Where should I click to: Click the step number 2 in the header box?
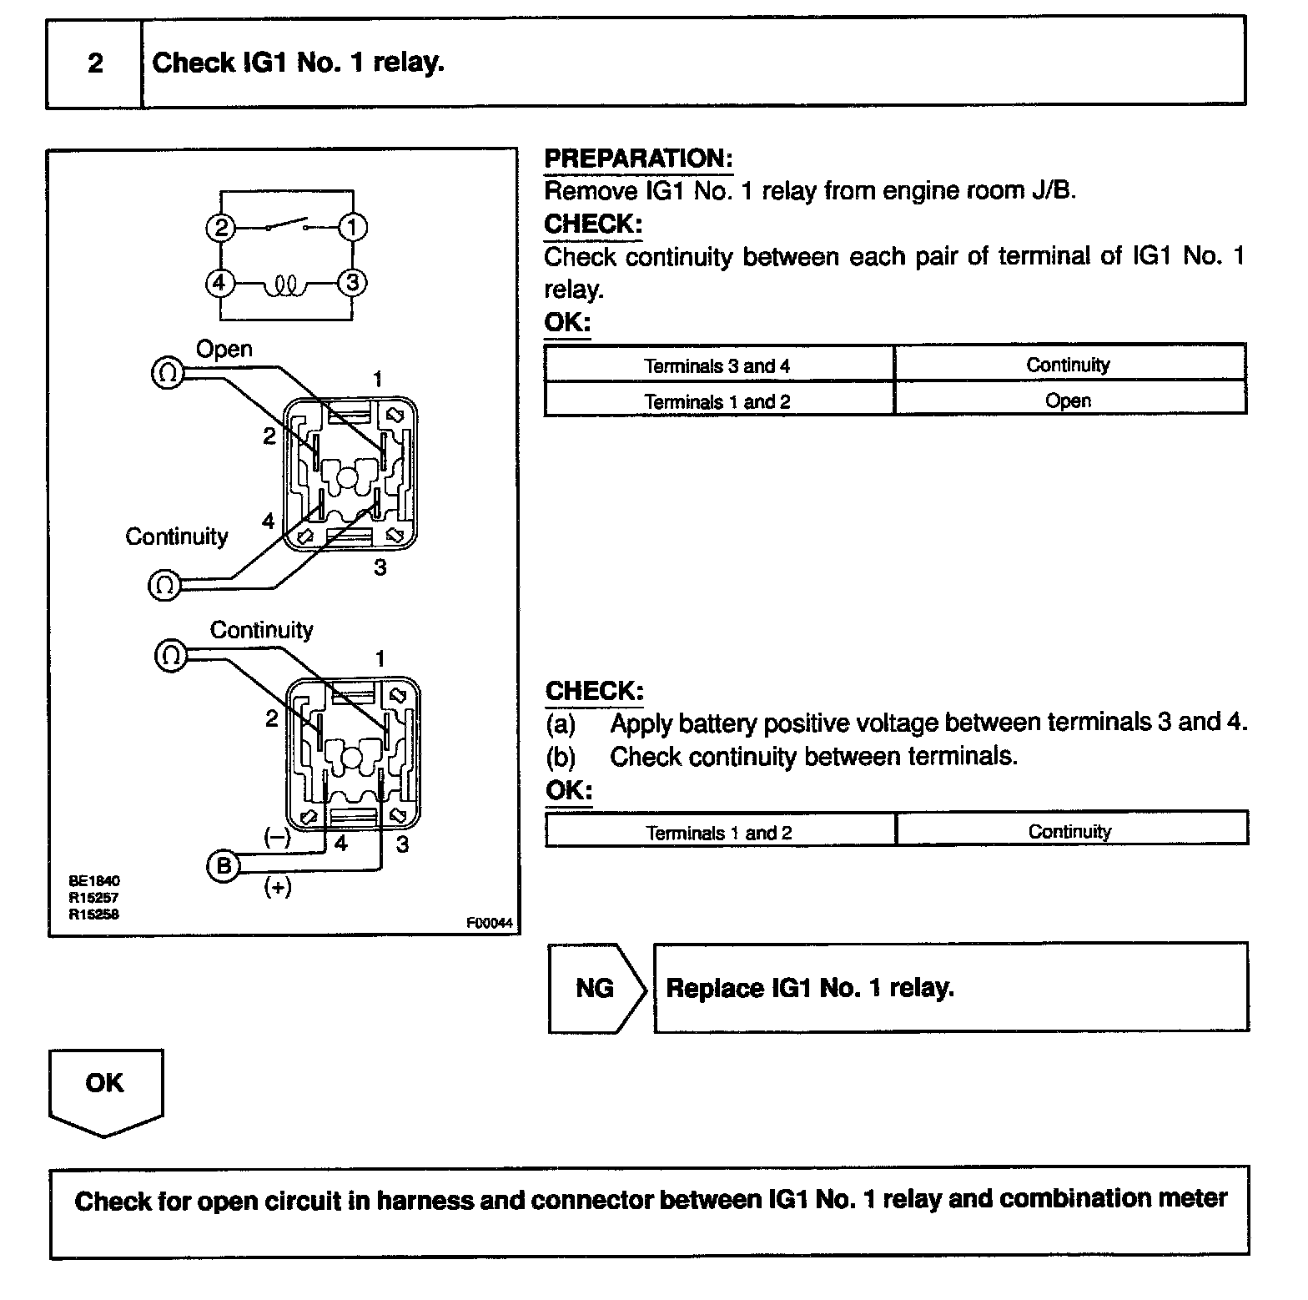tap(95, 63)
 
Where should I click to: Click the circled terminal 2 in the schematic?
tap(221, 227)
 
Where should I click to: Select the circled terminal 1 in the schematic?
tap(352, 227)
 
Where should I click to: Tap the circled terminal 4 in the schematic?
tap(219, 284)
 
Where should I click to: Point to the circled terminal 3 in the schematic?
tap(352, 284)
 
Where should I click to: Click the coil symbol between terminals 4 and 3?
tap(285, 287)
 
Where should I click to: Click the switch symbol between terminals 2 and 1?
tap(286, 224)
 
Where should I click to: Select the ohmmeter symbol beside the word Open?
tap(166, 372)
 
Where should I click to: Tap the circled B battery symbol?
tap(222, 866)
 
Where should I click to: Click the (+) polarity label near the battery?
tap(277, 887)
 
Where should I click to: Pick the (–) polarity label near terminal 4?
tap(277, 837)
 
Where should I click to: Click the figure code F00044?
tap(489, 924)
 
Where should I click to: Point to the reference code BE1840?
tap(94, 880)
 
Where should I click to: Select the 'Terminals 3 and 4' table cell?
tap(717, 365)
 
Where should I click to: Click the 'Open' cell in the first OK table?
tap(1068, 401)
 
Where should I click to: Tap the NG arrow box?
tap(596, 989)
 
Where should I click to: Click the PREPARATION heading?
tap(638, 159)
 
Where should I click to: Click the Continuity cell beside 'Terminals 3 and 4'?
tap(1068, 365)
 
